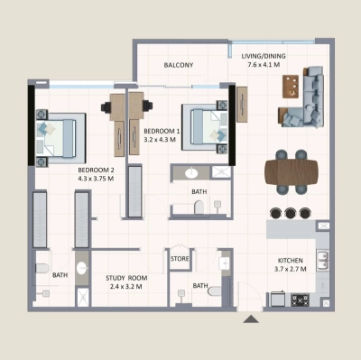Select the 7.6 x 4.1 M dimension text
pyautogui.click(x=264, y=65)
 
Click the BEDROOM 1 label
pyautogui.click(x=162, y=132)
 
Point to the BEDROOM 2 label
pyautogui.click(x=96, y=169)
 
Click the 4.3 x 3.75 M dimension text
pyautogui.click(x=96, y=178)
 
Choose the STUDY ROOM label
pyautogui.click(x=125, y=278)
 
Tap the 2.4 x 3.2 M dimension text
pyautogui.click(x=125, y=288)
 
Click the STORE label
pyautogui.click(x=180, y=260)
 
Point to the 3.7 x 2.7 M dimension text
pyautogui.click(x=291, y=269)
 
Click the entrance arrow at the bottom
pyautogui.click(x=249, y=318)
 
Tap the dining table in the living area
pyautogui.click(x=292, y=171)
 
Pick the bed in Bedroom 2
pyautogui.click(x=60, y=137)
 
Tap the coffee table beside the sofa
pyautogui.click(x=292, y=86)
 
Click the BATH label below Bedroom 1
pyautogui.click(x=199, y=192)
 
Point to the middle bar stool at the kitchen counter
pyautogui.click(x=291, y=214)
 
